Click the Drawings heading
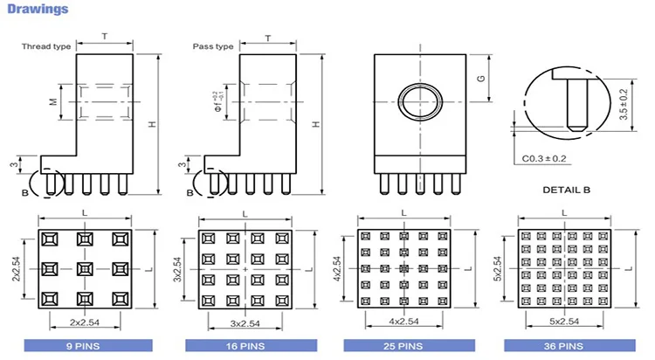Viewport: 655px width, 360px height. coord(38,10)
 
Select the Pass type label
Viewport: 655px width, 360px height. coord(213,45)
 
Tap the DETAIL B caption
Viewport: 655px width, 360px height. coord(567,190)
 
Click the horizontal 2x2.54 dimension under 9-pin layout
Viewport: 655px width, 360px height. coord(84,322)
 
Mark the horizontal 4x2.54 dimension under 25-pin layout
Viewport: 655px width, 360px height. coord(403,322)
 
